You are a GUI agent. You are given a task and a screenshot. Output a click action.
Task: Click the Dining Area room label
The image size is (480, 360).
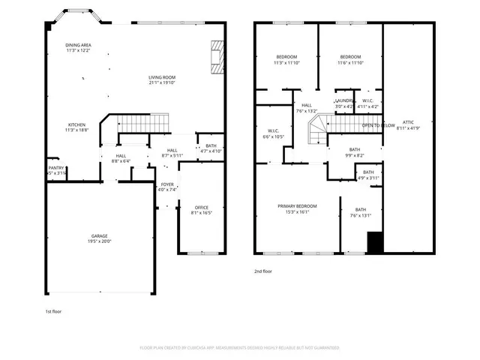click(x=78, y=46)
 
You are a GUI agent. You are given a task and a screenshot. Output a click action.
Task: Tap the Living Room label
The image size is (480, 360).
click(x=161, y=77)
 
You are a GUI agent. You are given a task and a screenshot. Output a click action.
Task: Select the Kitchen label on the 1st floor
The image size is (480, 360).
click(x=77, y=124)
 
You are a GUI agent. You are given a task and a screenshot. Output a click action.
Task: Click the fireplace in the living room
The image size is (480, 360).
click(x=217, y=57)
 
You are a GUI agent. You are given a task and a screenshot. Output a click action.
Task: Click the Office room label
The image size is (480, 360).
click(x=201, y=207)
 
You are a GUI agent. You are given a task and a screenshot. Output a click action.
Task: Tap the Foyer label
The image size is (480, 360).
click(x=167, y=184)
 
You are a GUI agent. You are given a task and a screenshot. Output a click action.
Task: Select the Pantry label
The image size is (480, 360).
click(x=56, y=168)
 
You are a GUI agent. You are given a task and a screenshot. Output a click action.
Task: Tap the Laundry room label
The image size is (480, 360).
click(x=344, y=100)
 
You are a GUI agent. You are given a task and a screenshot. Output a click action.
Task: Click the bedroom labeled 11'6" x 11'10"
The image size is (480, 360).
click(x=350, y=58)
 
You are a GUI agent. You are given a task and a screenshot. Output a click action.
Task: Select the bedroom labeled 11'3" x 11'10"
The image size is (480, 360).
click(x=286, y=58)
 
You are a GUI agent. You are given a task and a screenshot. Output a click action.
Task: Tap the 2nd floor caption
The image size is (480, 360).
click(x=262, y=271)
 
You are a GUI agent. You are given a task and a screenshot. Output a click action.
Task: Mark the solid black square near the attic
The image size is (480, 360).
click(x=375, y=242)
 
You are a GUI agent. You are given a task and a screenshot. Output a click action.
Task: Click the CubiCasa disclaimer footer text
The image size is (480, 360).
click(x=239, y=348)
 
